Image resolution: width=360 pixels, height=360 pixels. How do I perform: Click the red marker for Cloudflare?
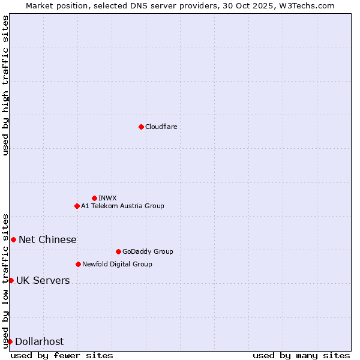coord(141,127)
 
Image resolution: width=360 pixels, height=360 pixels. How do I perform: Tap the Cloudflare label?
coord(161,127)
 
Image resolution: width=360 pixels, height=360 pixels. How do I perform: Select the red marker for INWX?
coord(94,198)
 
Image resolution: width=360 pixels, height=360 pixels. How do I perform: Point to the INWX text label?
coord(107,198)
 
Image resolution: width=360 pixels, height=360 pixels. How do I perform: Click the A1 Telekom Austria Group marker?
coord(77,206)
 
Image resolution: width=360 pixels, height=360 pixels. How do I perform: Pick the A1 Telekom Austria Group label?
coord(122,206)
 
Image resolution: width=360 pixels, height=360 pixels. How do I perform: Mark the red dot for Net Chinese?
coord(13,239)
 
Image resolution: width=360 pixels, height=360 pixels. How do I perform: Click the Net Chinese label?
coord(47,239)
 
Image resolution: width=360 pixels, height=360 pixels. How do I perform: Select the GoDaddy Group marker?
coord(118,251)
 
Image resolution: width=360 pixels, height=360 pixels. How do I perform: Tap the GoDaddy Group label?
coord(148,251)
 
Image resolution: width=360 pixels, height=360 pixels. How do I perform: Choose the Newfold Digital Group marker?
coord(78,264)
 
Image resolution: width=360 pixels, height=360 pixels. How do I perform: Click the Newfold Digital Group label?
coord(117,264)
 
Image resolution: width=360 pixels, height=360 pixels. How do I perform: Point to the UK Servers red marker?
coord(11,280)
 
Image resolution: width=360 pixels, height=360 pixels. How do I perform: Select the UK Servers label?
coord(43,280)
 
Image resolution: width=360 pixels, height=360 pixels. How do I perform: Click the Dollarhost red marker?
coord(10,341)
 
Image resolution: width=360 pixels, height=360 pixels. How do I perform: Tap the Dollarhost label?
coord(39,341)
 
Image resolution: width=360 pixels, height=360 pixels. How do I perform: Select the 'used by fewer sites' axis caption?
coord(62,355)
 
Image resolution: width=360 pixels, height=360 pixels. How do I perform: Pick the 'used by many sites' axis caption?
coord(301,355)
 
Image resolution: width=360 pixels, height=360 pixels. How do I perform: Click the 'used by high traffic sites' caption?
coord(5,85)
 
